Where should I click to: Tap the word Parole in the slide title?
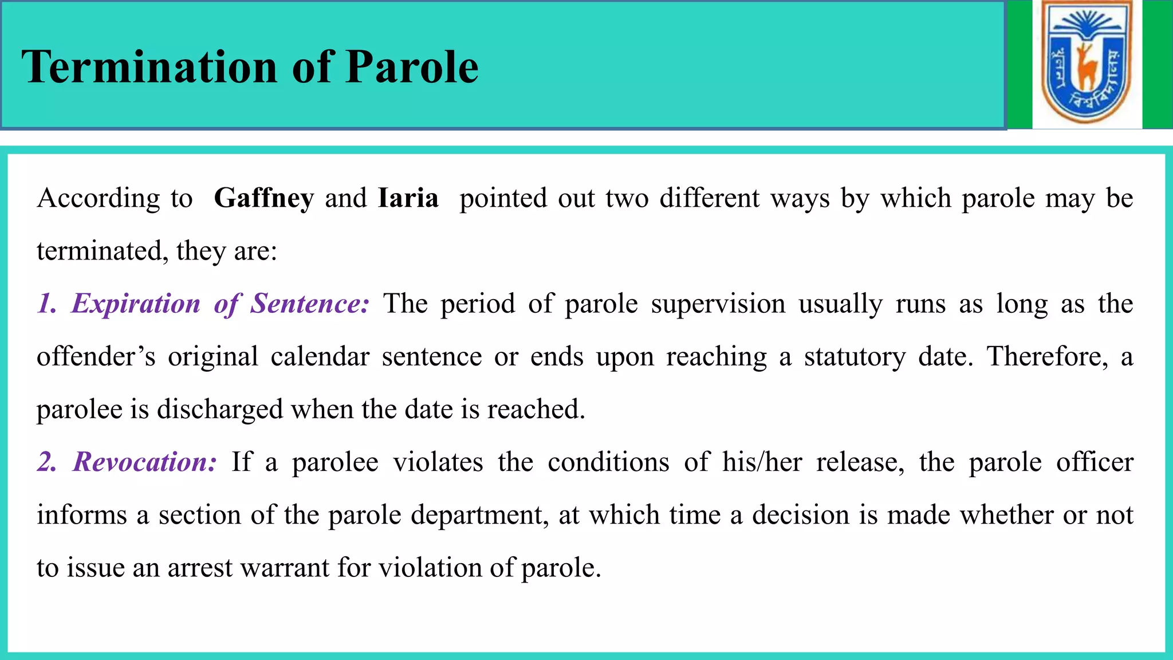click(412, 67)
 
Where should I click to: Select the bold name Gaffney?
click(263, 198)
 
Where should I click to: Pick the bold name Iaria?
click(408, 198)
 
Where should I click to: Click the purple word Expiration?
click(136, 304)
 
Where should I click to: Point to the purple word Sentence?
click(309, 304)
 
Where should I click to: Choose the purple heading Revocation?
click(145, 462)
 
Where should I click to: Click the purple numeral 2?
click(47, 462)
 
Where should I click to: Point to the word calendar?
click(320, 356)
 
